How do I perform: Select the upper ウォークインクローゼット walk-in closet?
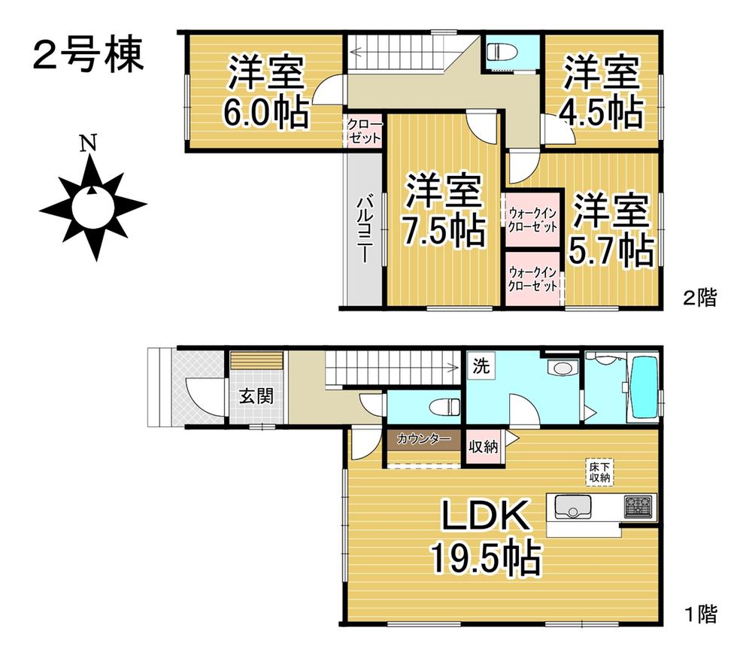pyautogui.click(x=532, y=220)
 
